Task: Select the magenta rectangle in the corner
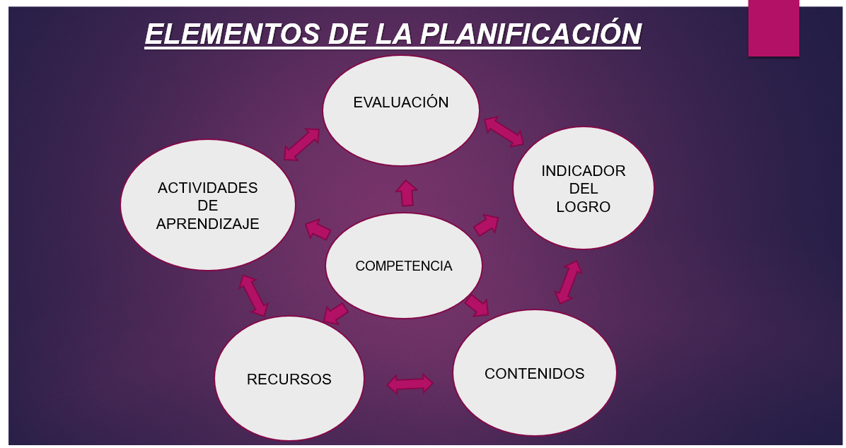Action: tap(773, 28)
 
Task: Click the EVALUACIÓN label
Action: tap(400, 102)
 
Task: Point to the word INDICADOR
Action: tap(583, 171)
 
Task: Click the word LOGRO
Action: tap(583, 207)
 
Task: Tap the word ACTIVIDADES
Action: tap(207, 188)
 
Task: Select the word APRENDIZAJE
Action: tap(207, 224)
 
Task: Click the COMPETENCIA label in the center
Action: tap(403, 266)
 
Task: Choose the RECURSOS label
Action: tap(289, 379)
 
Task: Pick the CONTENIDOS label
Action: tap(534, 374)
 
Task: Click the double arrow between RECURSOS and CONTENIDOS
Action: tap(410, 384)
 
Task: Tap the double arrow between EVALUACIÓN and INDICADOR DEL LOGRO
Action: tap(504, 131)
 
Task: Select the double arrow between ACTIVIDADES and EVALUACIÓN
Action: tap(302, 143)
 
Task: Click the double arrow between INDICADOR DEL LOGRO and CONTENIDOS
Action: tap(568, 282)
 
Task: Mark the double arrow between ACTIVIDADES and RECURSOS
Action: tap(253, 295)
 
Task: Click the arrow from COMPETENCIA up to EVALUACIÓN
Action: tap(406, 193)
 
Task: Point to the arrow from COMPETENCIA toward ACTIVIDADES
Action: tap(318, 230)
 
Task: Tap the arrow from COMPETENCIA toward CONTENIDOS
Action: tap(477, 305)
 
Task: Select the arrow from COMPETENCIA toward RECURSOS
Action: tap(336, 312)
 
